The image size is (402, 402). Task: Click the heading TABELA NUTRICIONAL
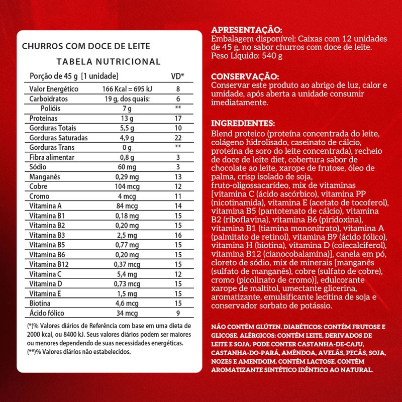pos(109,62)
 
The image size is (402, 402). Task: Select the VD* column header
pos(178,76)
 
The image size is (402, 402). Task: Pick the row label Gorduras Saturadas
pos(59,138)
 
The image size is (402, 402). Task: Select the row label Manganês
pos(45,176)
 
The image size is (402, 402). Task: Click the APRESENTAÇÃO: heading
pos(247,30)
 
